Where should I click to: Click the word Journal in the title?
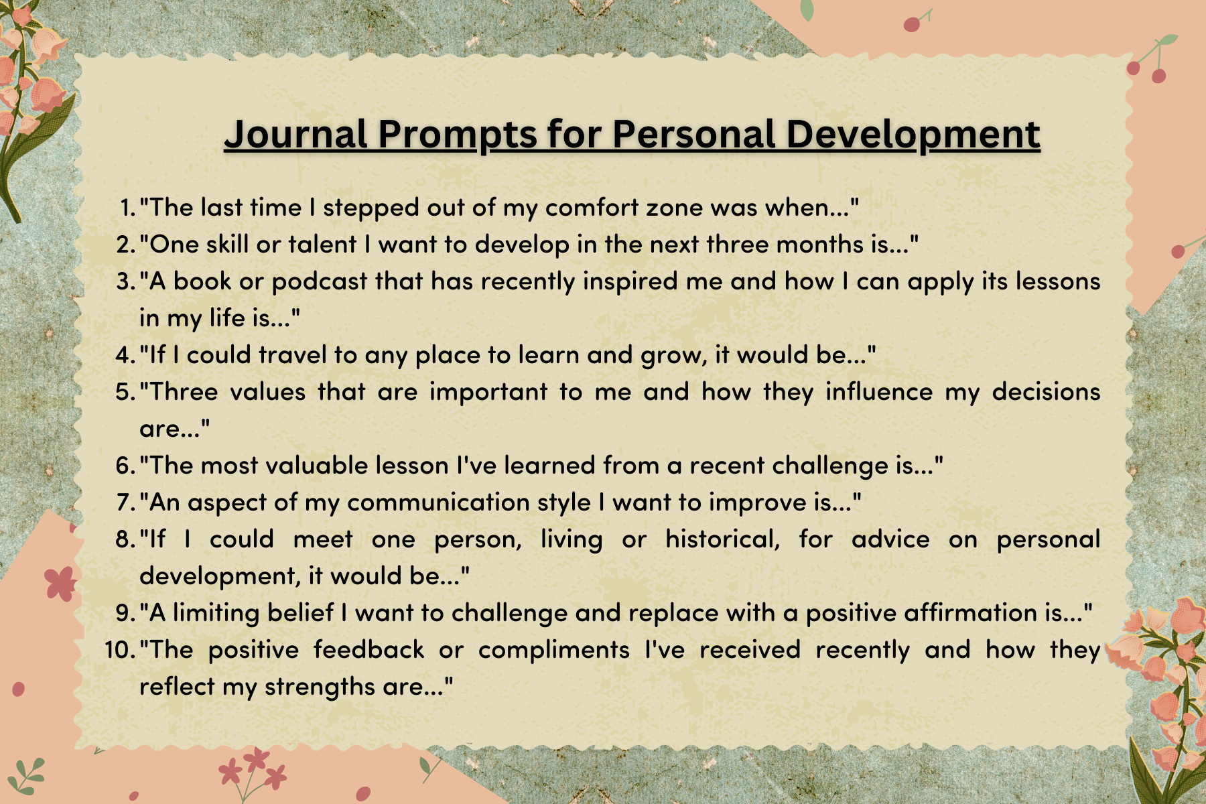(296, 134)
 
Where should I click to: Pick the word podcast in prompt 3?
(320, 282)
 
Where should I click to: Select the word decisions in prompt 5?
(1046, 391)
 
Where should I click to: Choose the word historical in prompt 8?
(723, 540)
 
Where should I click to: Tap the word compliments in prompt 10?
(554, 651)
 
